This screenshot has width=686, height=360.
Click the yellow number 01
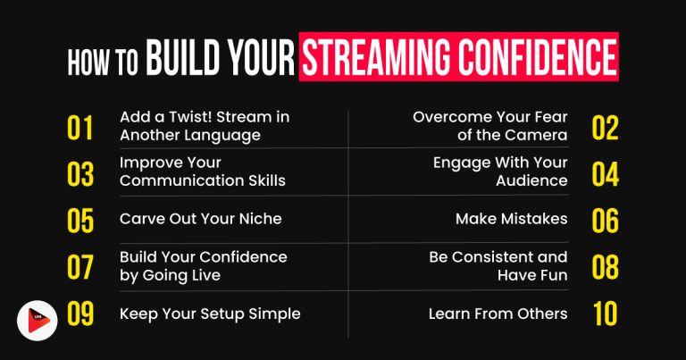click(x=80, y=128)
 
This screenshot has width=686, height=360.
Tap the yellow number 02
click(x=605, y=128)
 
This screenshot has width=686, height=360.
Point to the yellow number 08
click(x=605, y=267)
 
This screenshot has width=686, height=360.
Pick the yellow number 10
click(x=605, y=314)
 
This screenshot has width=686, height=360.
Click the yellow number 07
click(x=80, y=267)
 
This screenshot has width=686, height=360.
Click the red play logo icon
click(x=38, y=320)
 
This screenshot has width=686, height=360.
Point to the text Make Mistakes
click(x=511, y=218)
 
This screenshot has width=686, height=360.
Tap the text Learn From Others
click(x=498, y=314)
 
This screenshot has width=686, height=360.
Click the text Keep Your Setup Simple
click(x=209, y=314)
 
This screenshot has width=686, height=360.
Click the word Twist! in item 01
click(x=188, y=118)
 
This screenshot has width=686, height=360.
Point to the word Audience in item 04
click(x=531, y=180)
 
